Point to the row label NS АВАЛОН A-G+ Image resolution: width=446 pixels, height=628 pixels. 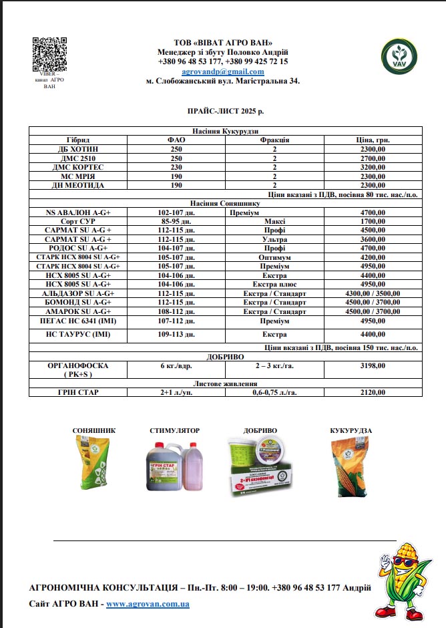(x=78, y=212)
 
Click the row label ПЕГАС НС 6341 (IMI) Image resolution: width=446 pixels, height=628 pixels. (x=78, y=321)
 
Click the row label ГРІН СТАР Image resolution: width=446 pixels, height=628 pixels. (x=78, y=392)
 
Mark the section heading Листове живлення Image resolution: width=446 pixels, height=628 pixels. (x=226, y=383)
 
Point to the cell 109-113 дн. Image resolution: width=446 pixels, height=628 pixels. (x=176, y=335)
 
